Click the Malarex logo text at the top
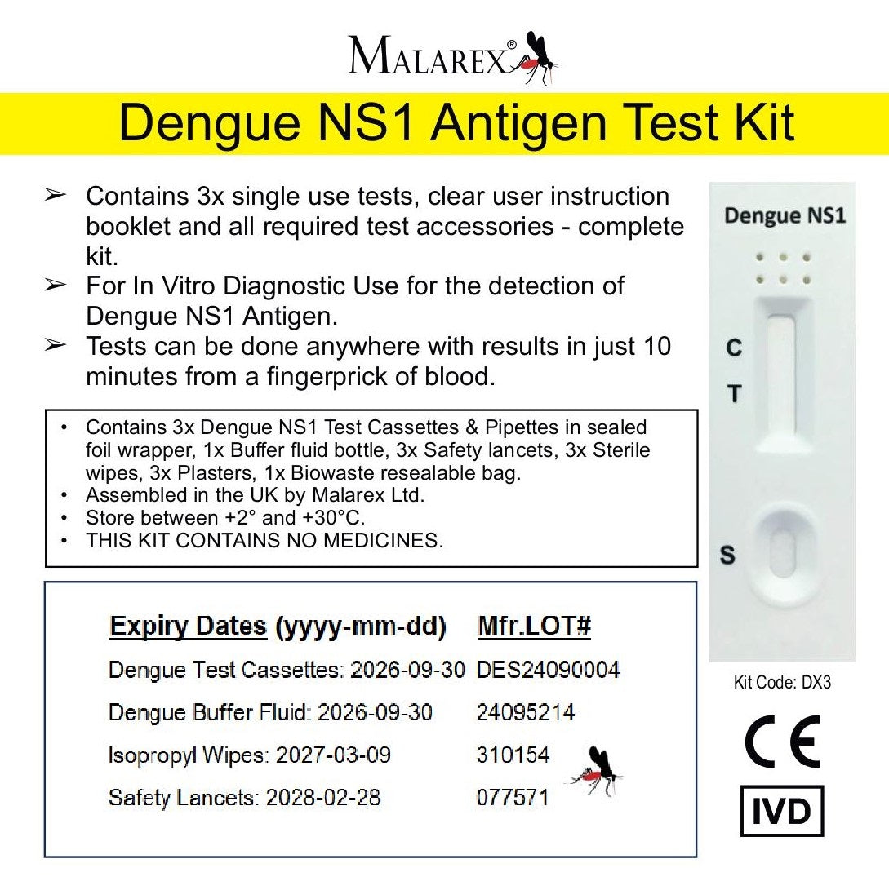428,58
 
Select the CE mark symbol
781,742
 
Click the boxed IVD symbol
781,811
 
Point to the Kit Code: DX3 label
782,682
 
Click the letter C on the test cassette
734,348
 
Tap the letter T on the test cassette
734,394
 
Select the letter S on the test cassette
727,556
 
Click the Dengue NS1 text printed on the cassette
785,216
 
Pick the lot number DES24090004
548,670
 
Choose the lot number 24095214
525,712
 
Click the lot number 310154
513,755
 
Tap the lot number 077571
512,797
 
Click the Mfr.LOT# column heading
534,627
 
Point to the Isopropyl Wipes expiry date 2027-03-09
333,755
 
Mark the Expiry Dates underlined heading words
188,627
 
